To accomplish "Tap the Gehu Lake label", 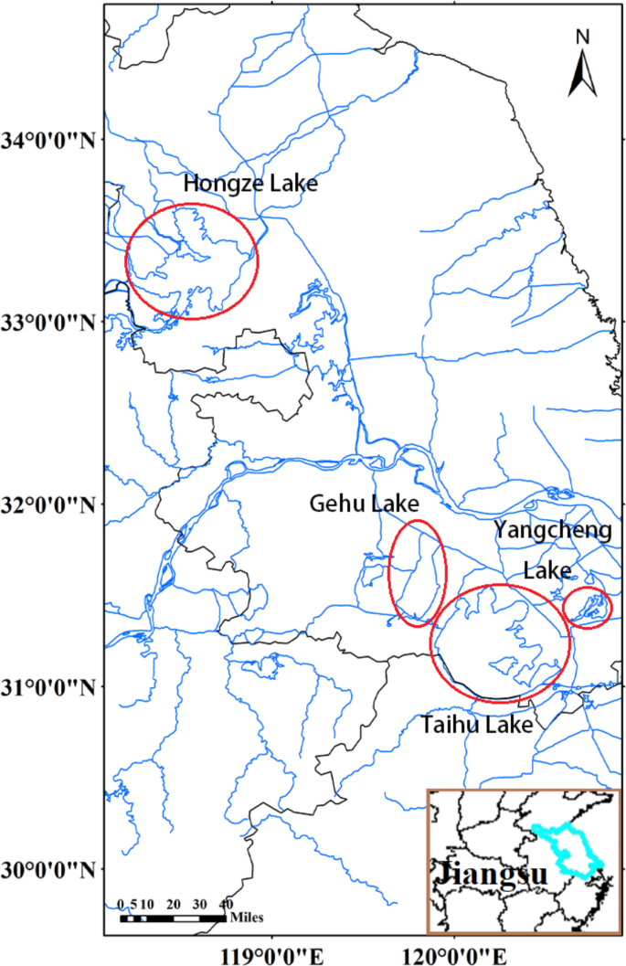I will pos(364,504).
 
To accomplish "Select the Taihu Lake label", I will pos(475,726).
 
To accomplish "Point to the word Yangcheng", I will pos(553,529).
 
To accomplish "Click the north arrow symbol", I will pos(582,73).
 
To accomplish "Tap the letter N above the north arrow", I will pos(582,37).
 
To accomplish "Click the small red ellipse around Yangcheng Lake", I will pos(587,608).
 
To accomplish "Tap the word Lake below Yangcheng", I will pos(547,571).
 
